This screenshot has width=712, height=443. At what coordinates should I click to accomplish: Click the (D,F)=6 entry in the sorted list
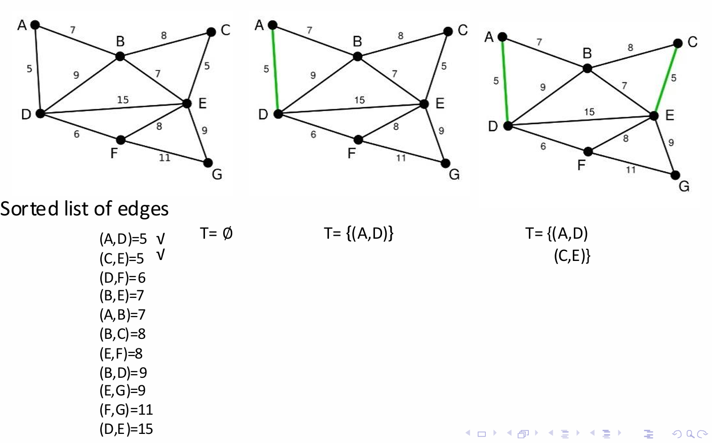click(x=122, y=278)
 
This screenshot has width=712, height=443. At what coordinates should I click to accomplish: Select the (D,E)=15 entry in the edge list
click(x=126, y=429)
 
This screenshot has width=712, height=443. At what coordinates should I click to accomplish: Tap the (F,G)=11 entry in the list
click(x=126, y=410)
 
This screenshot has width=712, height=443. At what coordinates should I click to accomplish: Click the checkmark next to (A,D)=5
click(x=160, y=238)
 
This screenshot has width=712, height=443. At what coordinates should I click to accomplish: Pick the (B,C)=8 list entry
click(x=122, y=334)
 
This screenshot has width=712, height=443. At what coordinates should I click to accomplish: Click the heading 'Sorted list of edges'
click(x=84, y=209)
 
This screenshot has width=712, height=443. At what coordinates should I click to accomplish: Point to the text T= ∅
click(x=216, y=233)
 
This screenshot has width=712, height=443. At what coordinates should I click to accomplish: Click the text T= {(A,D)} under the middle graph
click(x=358, y=233)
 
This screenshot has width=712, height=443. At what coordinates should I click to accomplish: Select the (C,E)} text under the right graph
click(x=572, y=256)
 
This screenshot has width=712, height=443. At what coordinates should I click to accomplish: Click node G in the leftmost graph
click(x=207, y=163)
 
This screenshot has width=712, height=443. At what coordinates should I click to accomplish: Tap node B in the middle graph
click(x=358, y=56)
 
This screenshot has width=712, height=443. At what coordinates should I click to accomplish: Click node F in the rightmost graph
click(x=588, y=151)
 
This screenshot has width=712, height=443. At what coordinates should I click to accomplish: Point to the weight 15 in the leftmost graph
click(x=123, y=100)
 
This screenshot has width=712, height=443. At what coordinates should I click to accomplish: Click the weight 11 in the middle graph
click(x=401, y=158)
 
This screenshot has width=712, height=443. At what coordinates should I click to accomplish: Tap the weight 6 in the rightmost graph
click(x=543, y=147)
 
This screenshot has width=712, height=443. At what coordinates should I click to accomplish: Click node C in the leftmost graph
click(x=212, y=32)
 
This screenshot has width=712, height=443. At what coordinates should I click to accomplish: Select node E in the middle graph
click(x=424, y=104)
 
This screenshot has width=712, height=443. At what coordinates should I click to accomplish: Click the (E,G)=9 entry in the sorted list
click(x=122, y=390)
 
